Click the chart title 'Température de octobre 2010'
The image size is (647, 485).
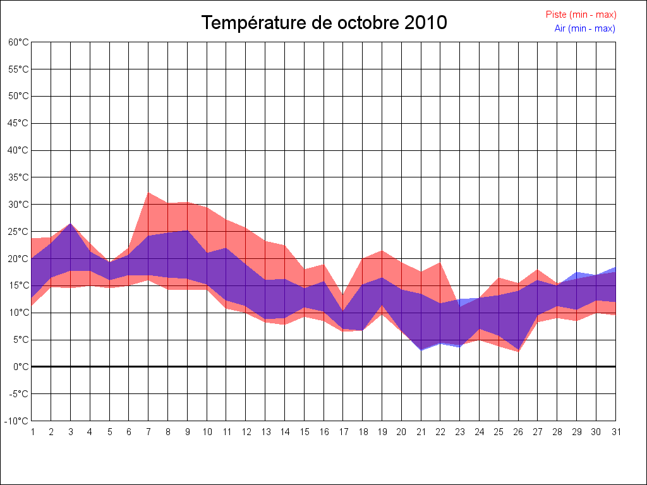point(324,23)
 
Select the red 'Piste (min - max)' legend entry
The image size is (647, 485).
point(581,15)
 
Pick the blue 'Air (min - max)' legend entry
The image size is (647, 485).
point(584,28)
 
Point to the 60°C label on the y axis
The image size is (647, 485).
point(18,42)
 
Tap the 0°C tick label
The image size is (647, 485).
point(22,367)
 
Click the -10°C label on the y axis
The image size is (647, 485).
point(18,421)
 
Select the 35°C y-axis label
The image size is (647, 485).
point(18,177)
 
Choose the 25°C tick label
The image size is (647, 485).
point(18,232)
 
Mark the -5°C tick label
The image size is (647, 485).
point(19,394)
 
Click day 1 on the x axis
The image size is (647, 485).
point(32,432)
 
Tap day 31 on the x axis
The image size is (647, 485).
point(615,432)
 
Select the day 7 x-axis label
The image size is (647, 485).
point(148,432)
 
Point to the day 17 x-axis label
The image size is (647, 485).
point(343,432)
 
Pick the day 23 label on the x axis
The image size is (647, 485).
point(460,432)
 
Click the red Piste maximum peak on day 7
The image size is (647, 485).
point(148,193)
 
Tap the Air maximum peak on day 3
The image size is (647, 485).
point(70,224)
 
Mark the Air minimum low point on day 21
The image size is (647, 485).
point(421,350)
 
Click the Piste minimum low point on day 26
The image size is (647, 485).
point(518,352)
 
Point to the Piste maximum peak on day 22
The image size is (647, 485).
point(440,262)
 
